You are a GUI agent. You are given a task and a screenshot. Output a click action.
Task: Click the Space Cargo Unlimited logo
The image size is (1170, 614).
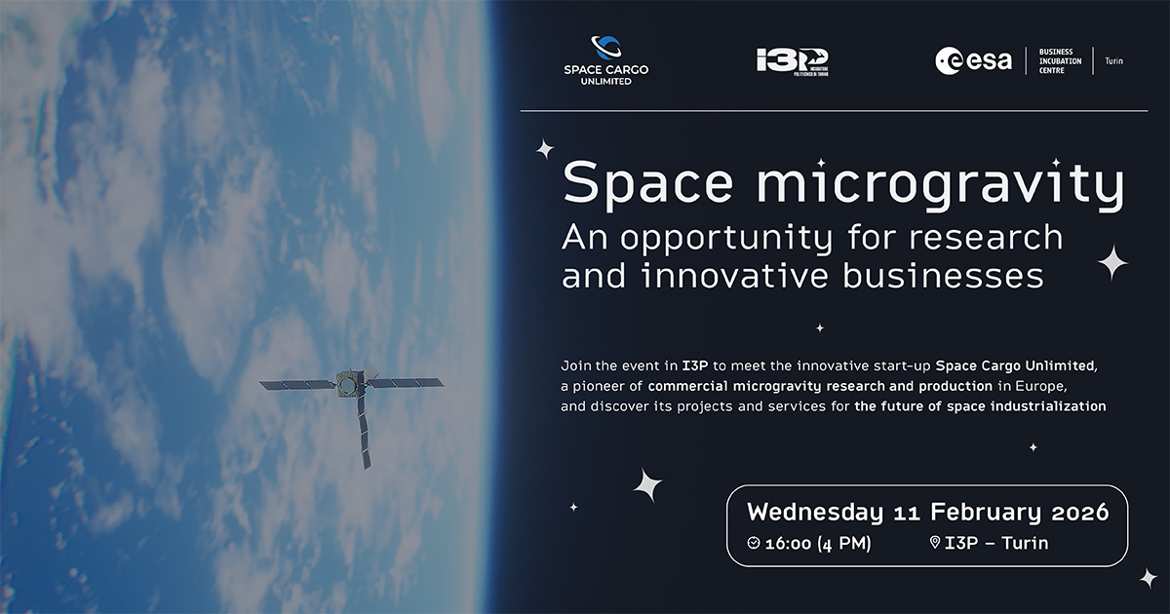[x=605, y=60]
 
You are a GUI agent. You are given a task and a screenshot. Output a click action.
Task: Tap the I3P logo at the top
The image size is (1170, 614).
[x=793, y=62]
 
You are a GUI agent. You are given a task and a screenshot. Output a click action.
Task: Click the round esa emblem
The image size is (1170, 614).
[x=948, y=60]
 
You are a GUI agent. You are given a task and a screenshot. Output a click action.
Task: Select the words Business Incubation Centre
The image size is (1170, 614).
[x=1061, y=61]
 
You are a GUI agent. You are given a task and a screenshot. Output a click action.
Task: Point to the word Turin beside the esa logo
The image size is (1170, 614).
[x=1113, y=61]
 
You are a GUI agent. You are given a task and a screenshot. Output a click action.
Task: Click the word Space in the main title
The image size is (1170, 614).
[x=647, y=184]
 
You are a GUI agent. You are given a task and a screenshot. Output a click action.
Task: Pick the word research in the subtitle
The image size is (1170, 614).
[x=986, y=238]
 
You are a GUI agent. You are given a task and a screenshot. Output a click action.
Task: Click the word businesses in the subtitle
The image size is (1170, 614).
[x=944, y=276]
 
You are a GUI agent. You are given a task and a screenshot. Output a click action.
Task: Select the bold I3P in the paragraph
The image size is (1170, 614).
[x=694, y=366]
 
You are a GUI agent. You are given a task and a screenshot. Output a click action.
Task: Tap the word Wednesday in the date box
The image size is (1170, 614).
[x=815, y=513]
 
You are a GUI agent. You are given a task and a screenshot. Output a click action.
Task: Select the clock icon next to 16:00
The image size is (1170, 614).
[x=753, y=543]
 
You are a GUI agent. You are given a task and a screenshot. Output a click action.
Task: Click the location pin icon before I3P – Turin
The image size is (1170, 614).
[x=935, y=543]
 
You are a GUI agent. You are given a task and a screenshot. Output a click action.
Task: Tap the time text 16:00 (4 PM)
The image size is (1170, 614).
[x=818, y=544]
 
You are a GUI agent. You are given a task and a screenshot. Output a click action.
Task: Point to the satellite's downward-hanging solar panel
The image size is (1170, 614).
[x=364, y=431]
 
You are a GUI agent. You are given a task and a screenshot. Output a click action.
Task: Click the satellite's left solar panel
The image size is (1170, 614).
[x=297, y=385]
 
